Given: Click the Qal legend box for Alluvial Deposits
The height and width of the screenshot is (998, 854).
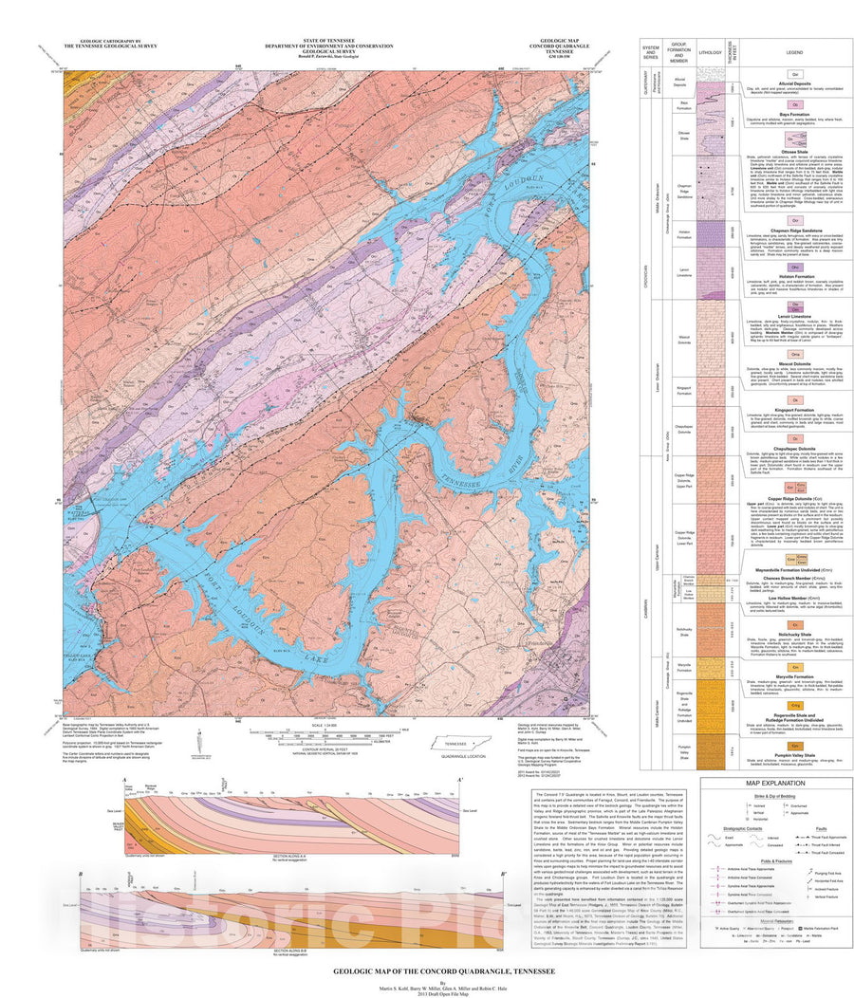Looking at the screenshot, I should tap(798, 70).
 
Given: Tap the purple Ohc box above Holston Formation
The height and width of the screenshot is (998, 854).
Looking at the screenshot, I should tap(798, 268).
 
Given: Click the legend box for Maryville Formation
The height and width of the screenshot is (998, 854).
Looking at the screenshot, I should tap(798, 667).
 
